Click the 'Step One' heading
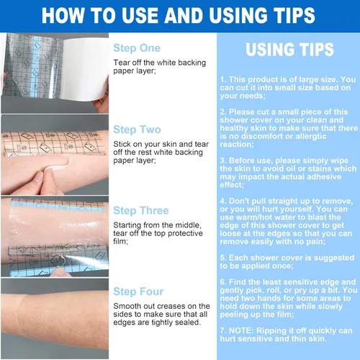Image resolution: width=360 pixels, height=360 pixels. [x=137, y=48]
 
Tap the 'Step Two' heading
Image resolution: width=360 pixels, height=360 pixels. [x=137, y=130]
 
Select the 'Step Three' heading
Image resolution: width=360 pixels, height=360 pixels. [x=141, y=211]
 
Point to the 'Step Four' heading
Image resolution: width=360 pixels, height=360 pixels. [x=138, y=292]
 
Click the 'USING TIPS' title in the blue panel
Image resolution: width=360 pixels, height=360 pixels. [x=289, y=50]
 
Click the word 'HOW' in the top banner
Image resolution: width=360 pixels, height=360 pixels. [x=63, y=16]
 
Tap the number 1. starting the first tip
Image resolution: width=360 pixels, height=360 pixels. [x=223, y=79]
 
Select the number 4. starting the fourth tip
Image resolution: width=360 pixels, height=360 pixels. [x=223, y=201]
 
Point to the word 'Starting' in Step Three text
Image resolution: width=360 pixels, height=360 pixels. [x=127, y=225]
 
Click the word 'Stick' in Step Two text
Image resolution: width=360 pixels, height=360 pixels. [x=121, y=144]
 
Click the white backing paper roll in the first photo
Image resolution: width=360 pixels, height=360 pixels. [x=84, y=68]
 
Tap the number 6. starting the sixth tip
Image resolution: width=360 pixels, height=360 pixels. [x=223, y=282]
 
